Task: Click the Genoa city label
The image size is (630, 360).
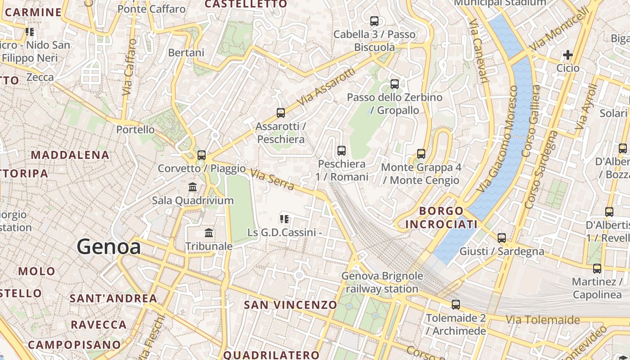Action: click(x=108, y=247)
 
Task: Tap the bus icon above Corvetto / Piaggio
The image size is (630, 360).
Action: click(x=202, y=155)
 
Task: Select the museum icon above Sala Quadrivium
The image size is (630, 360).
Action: click(x=193, y=187)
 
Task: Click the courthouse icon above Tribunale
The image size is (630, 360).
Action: click(x=209, y=233)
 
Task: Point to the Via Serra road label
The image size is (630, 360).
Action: click(x=272, y=179)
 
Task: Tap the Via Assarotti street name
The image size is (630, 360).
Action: click(x=327, y=87)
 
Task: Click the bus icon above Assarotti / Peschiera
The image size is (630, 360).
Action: click(x=281, y=113)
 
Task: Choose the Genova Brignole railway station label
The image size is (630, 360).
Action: click(x=382, y=282)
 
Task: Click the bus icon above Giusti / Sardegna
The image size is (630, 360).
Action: click(x=502, y=238)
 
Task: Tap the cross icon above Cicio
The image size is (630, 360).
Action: click(x=568, y=55)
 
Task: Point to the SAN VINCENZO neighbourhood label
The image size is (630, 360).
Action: click(x=290, y=305)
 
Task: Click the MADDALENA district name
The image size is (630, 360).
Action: click(x=70, y=155)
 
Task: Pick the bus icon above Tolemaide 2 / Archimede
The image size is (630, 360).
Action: click(x=456, y=305)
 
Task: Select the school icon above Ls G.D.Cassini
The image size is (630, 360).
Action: click(x=284, y=219)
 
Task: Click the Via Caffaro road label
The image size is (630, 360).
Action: click(x=129, y=67)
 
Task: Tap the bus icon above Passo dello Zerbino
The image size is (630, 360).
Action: click(x=395, y=84)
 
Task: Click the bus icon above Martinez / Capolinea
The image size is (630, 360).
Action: click(x=597, y=269)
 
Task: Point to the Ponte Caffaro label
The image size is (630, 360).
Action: click(x=151, y=9)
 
